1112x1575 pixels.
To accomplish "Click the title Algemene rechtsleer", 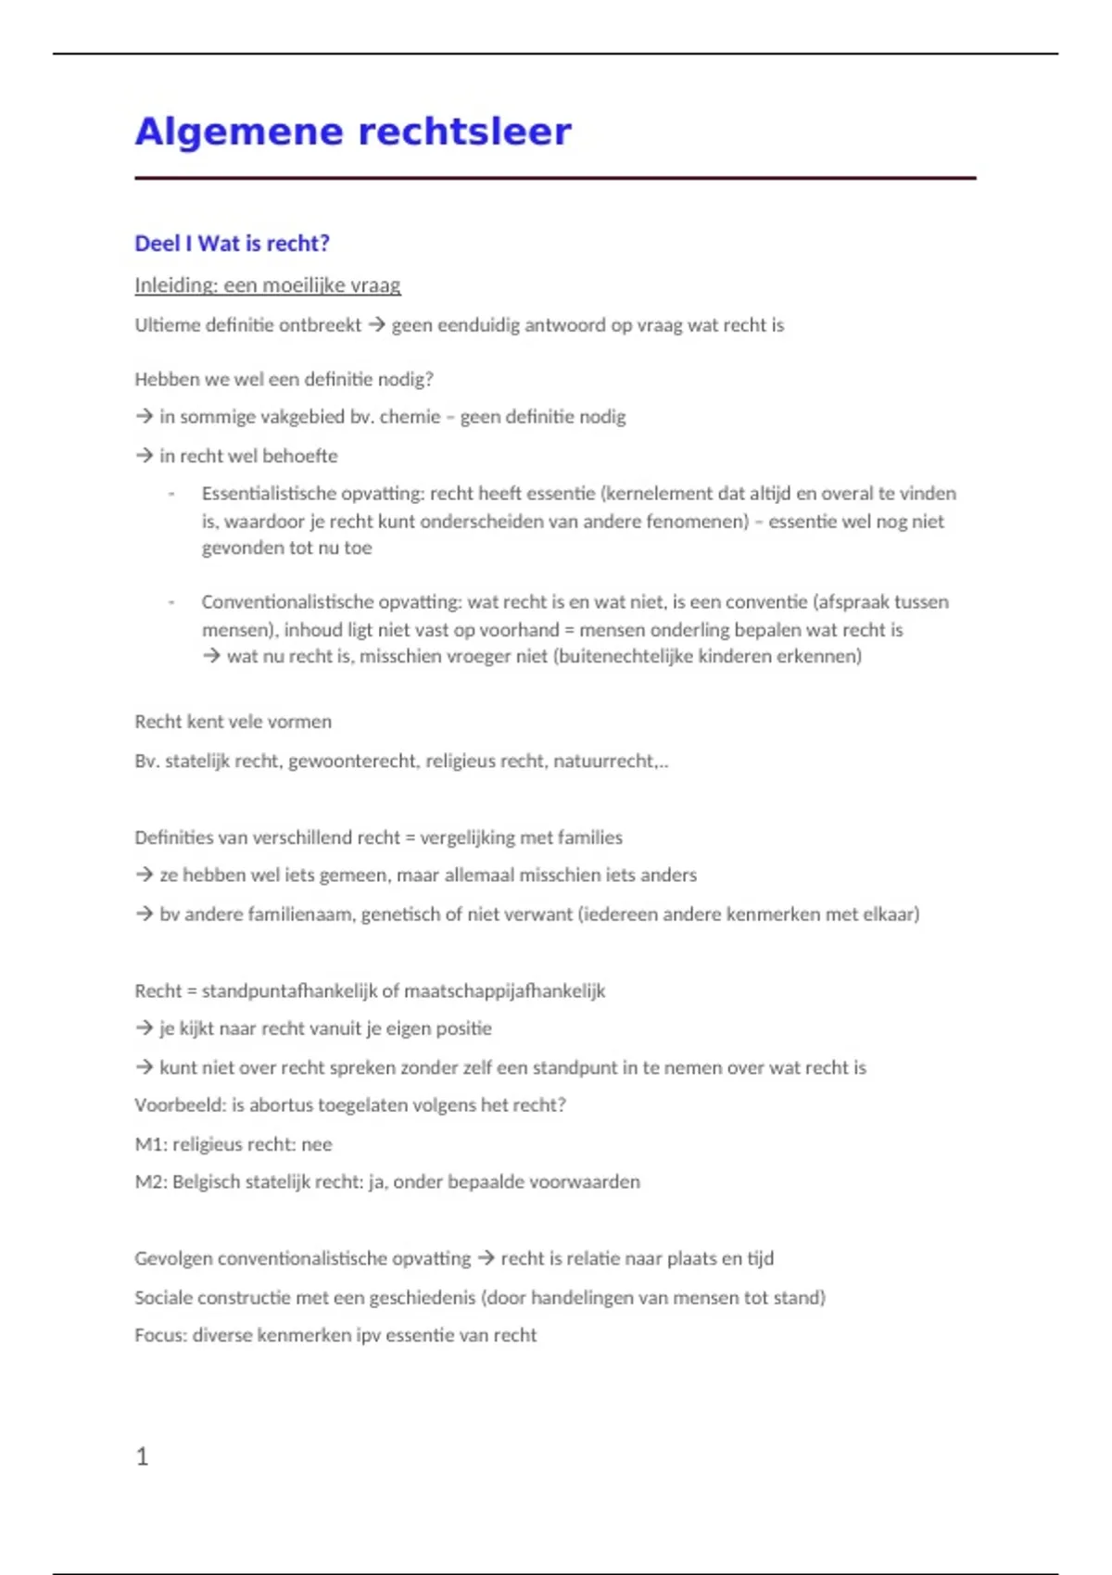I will coord(353,132).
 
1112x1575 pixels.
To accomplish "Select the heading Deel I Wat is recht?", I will coord(232,244).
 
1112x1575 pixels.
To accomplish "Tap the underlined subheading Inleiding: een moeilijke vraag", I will coord(268,285).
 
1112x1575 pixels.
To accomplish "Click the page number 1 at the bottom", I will coord(142,1456).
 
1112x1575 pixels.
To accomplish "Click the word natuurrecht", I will coord(603,762).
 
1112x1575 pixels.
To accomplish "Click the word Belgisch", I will coord(206,1182).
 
